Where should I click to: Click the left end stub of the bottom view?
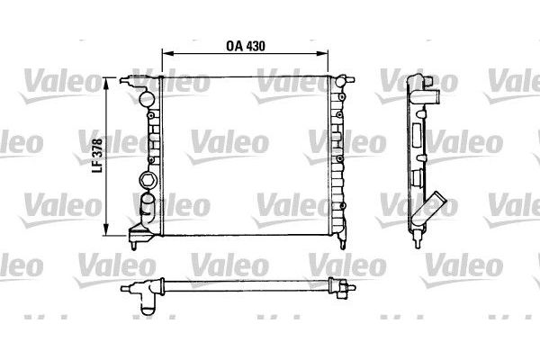point(126,287)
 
